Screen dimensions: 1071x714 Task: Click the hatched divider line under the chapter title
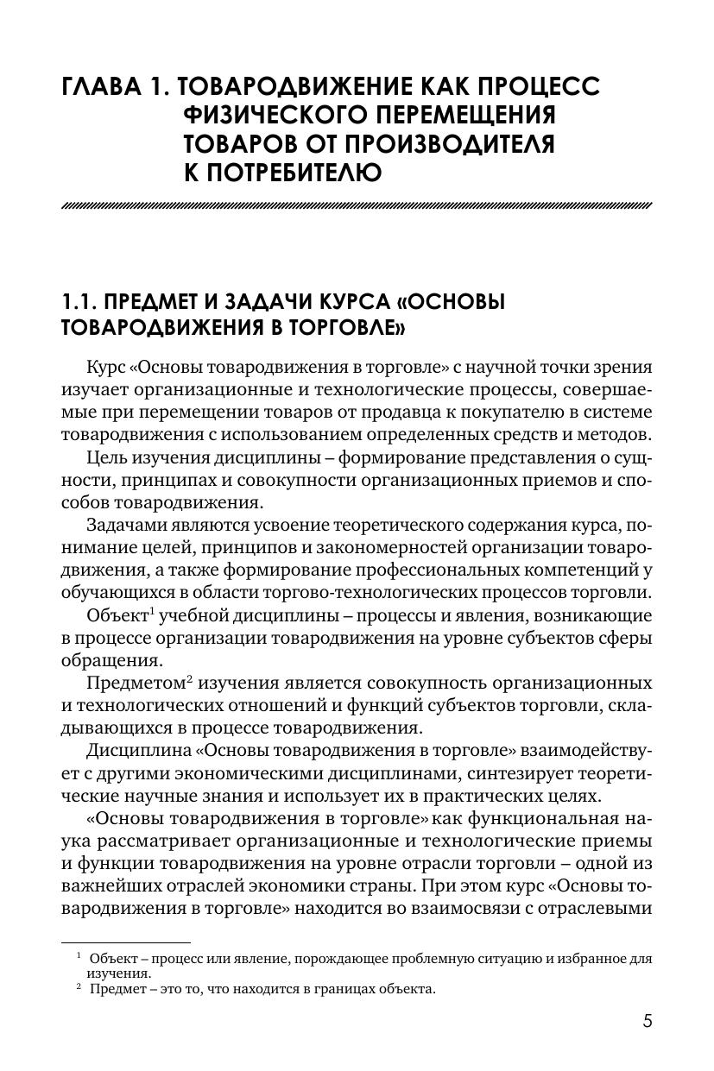pos(357,206)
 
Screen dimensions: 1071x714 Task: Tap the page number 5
pos(648,1021)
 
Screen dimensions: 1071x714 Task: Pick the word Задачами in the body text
pos(125,526)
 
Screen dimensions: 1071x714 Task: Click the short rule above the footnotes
pos(126,943)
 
